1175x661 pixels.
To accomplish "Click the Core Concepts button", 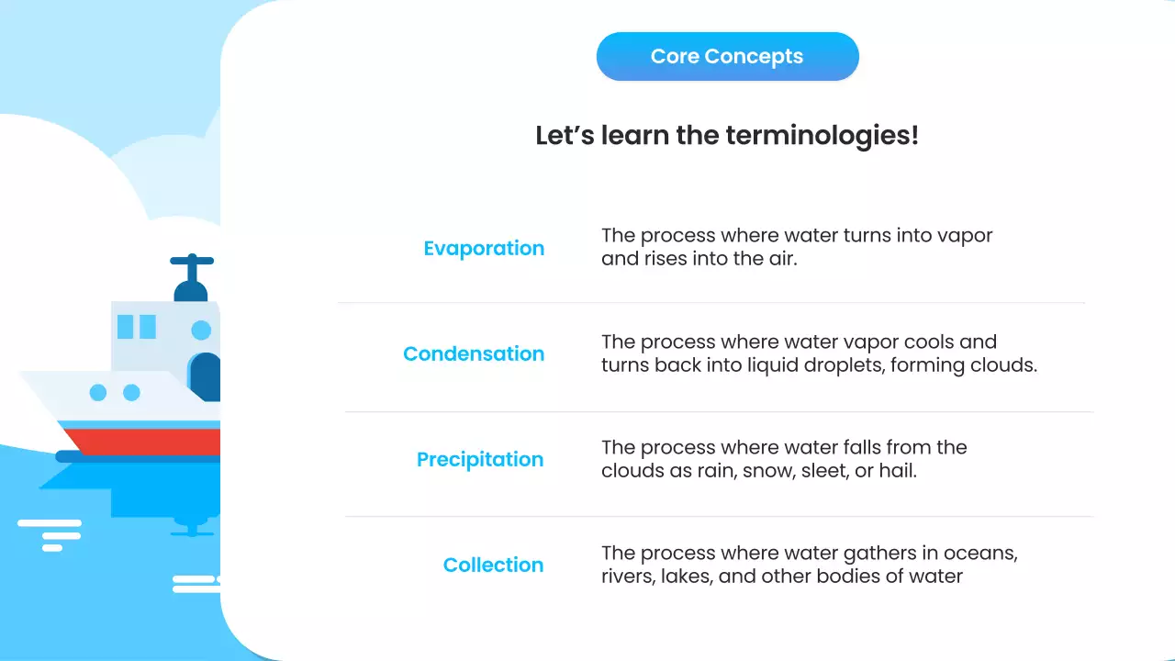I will [727, 57].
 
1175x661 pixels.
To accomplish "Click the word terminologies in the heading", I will [821, 136].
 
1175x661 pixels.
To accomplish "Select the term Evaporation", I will [484, 248].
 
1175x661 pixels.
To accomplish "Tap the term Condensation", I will [474, 353].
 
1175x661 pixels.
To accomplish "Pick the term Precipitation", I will [480, 459].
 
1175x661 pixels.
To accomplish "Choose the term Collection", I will [493, 565].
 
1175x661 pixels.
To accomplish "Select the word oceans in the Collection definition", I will [986, 554].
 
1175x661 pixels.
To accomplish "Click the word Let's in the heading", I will [565, 136].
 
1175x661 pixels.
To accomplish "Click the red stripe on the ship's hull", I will [147, 442].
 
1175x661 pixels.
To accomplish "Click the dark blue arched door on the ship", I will [206, 375].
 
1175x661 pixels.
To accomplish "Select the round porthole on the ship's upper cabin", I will [201, 330].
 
